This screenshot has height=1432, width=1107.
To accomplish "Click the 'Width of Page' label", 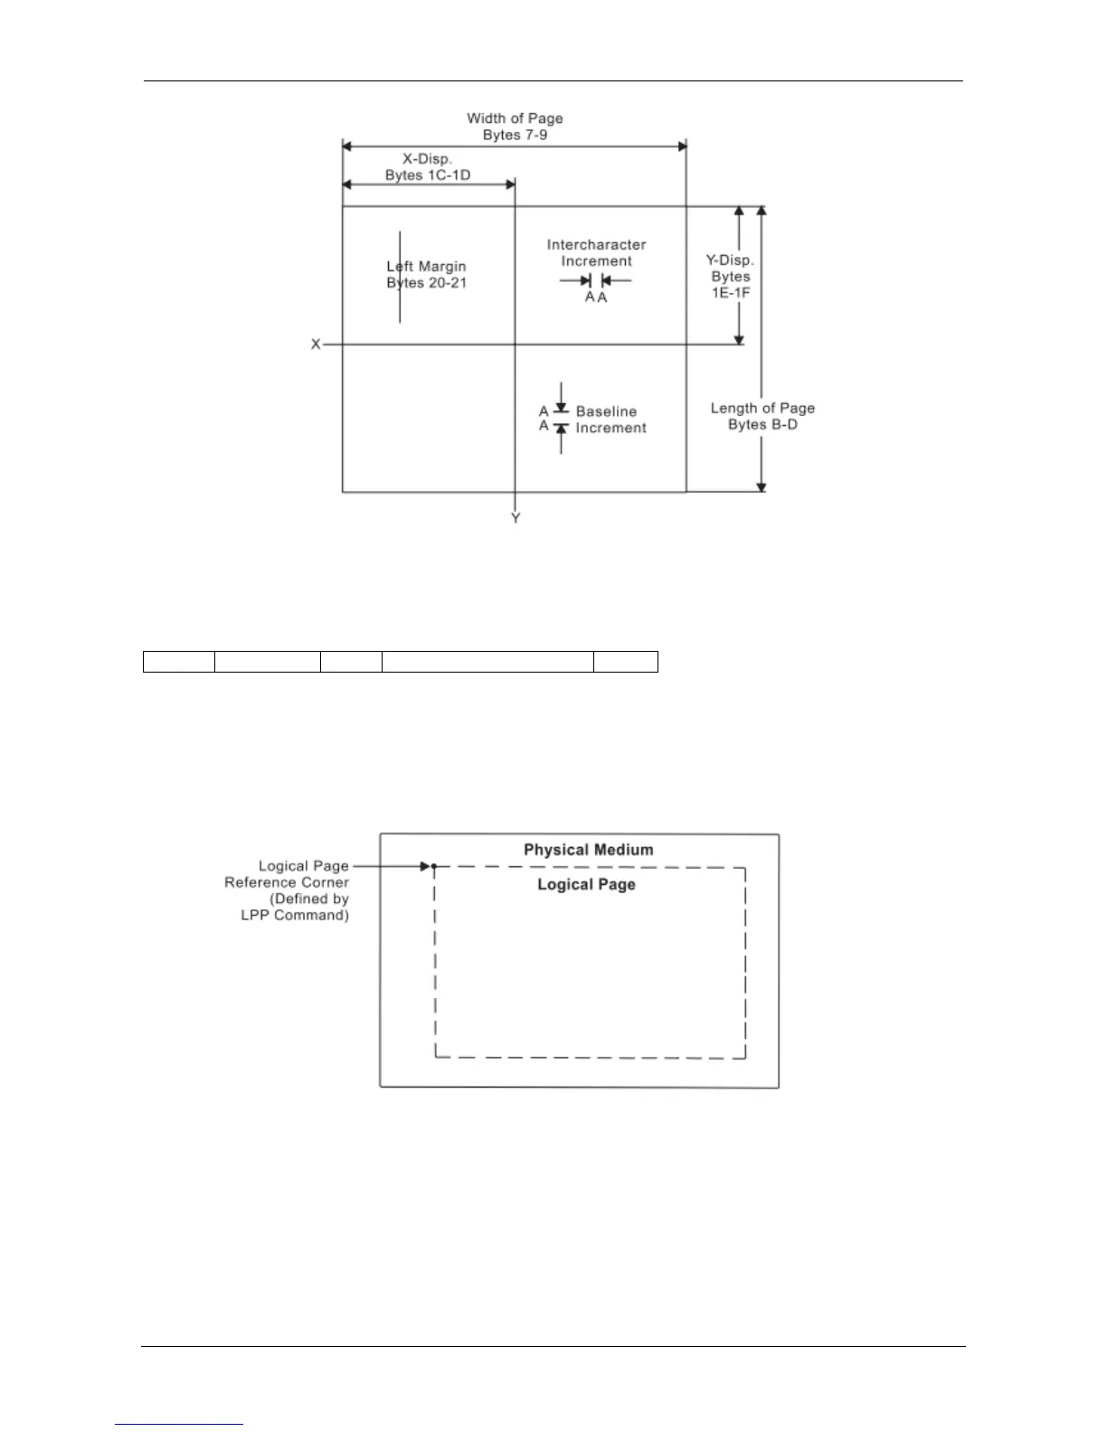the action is point(515,118).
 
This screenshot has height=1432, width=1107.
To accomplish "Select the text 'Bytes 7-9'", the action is point(515,135).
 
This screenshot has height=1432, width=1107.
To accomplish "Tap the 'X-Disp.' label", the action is point(427,159).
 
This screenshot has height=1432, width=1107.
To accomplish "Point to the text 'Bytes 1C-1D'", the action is point(428,175).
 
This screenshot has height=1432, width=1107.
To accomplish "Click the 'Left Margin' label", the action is point(427,267).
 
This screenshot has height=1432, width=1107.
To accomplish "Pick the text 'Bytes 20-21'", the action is point(427,283).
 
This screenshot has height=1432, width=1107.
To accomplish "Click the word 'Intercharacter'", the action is point(596,245).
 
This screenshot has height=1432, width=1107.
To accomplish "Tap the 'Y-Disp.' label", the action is point(730,260).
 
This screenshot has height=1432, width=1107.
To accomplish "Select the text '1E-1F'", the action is point(730,293).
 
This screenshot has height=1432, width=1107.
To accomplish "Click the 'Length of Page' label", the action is point(762,409).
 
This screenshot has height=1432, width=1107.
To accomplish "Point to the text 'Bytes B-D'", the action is point(762,425).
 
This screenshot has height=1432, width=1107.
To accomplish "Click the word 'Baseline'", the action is point(606,411).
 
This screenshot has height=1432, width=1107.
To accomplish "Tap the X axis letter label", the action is point(316,344).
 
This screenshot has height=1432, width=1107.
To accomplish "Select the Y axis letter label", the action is point(516,519).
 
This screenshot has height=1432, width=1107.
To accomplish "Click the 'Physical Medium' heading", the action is point(588,850).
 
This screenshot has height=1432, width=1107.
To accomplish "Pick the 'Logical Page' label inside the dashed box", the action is point(586,884).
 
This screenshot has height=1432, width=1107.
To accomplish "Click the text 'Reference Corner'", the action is point(287,882).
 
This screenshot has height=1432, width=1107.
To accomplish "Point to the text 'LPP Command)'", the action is point(295,915).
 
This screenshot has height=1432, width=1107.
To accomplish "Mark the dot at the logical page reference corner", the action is point(434,867).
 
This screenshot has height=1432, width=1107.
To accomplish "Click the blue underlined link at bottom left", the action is point(179,1424).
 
